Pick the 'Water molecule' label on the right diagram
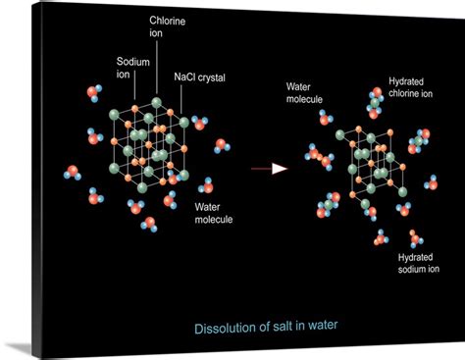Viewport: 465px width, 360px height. coord(306,92)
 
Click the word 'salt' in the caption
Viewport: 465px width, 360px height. coord(278,327)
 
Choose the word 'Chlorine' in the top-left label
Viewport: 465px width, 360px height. coord(170,21)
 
